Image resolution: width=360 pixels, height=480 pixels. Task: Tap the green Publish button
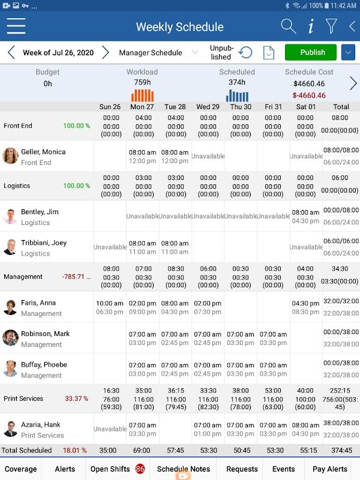click(311, 52)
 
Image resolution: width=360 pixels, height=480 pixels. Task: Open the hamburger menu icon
click(16, 26)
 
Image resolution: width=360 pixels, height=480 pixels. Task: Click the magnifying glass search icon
click(288, 26)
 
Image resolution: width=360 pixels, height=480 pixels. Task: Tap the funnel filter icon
click(331, 26)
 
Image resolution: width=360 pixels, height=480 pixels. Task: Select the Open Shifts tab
click(110, 469)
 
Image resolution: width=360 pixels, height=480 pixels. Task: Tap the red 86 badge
click(140, 469)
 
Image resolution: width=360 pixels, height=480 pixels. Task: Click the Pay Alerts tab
click(329, 469)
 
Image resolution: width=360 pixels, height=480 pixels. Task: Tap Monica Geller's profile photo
click(11, 156)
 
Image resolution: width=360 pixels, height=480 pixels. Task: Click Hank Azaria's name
click(40, 425)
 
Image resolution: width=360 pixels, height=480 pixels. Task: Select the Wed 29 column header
click(208, 107)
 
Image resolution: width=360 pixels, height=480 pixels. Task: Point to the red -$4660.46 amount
click(309, 95)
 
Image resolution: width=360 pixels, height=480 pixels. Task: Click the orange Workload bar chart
click(142, 95)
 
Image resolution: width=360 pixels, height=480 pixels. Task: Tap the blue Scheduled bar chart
click(237, 95)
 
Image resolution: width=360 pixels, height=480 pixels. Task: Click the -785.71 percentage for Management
click(76, 277)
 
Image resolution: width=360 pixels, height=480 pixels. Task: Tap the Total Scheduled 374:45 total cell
click(341, 450)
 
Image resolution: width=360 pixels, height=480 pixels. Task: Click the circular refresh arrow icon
click(245, 53)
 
